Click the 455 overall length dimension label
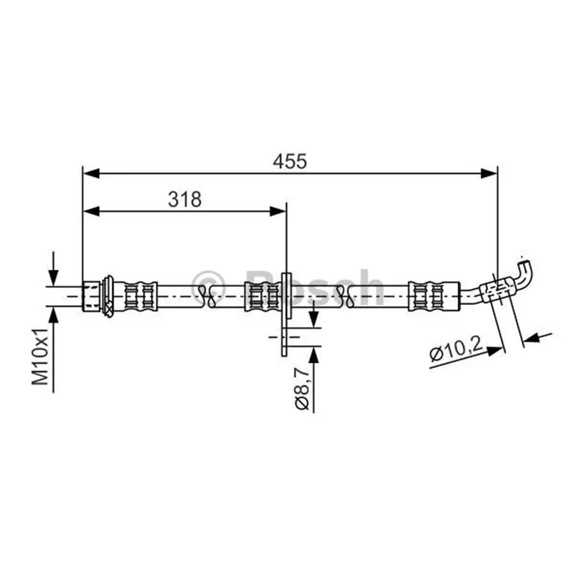[x=290, y=161]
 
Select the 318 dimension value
[x=185, y=200]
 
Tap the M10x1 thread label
[x=40, y=356]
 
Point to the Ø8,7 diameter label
[x=302, y=390]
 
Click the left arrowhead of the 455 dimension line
[x=91, y=173]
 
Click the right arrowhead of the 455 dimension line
[x=489, y=173]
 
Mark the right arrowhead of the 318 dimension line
[x=277, y=211]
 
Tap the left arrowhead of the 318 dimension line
[x=91, y=211]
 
